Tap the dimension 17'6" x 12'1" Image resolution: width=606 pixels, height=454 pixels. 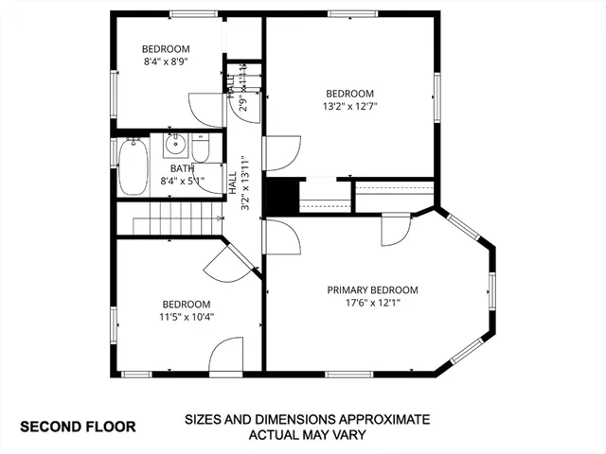coord(372,303)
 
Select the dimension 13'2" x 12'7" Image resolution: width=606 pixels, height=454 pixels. coord(349,106)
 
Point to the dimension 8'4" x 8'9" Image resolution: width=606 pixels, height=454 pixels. coord(166,62)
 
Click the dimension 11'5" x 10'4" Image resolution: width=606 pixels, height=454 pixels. coord(186,317)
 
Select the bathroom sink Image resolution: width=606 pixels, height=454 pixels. coord(175,145)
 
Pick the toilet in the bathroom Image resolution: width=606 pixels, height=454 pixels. coord(201,148)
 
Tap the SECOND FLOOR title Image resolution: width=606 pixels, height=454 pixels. coord(79,427)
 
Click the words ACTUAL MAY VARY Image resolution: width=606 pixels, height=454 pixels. coord(307,435)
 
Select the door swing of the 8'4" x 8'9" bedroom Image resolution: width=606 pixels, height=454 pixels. coord(203,107)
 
